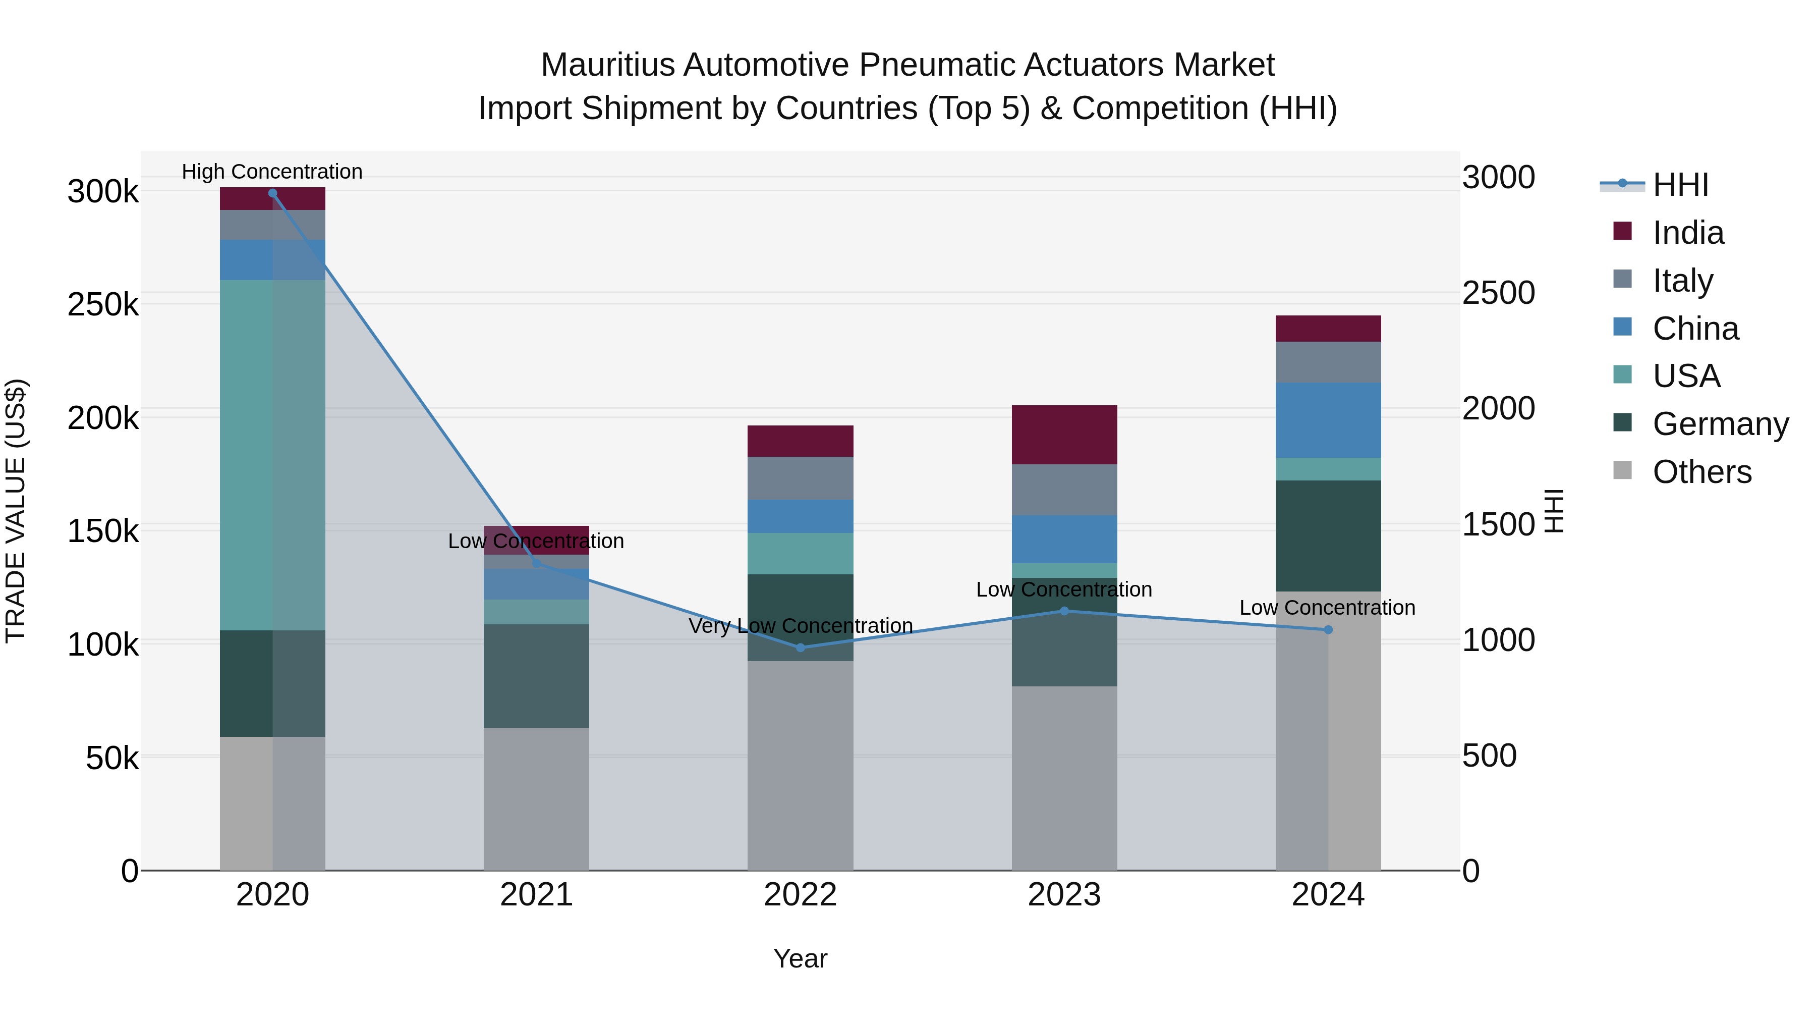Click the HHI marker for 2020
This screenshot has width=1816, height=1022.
pyautogui.click(x=273, y=193)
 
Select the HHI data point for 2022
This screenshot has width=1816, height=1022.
pyautogui.click(x=800, y=648)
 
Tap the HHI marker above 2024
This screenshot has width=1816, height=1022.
pyautogui.click(x=1328, y=630)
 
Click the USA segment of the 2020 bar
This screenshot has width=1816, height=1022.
pyautogui.click(x=273, y=455)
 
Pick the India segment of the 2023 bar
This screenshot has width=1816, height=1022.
pyautogui.click(x=1064, y=435)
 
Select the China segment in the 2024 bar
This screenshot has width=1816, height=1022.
pyautogui.click(x=1328, y=420)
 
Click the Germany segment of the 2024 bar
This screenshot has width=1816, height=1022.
pyautogui.click(x=1328, y=536)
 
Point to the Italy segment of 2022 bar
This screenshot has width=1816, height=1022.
pyautogui.click(x=800, y=478)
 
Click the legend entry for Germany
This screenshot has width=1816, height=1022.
pyautogui.click(x=1720, y=424)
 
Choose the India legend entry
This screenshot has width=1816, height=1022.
pyautogui.click(x=1688, y=233)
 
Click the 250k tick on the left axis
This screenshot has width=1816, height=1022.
pyautogui.click(x=103, y=305)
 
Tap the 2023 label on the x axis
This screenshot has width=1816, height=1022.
pyautogui.click(x=1064, y=895)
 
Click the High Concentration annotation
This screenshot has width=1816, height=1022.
pyautogui.click(x=272, y=172)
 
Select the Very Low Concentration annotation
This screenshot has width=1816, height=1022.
pyautogui.click(x=800, y=626)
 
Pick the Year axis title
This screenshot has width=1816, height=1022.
pyautogui.click(x=800, y=958)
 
